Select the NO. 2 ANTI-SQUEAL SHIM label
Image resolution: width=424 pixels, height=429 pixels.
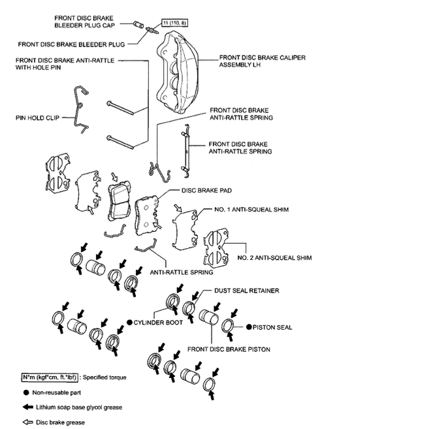click(274, 258)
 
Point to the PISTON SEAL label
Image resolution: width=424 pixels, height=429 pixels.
click(272, 326)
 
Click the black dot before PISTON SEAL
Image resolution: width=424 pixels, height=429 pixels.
click(248, 326)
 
